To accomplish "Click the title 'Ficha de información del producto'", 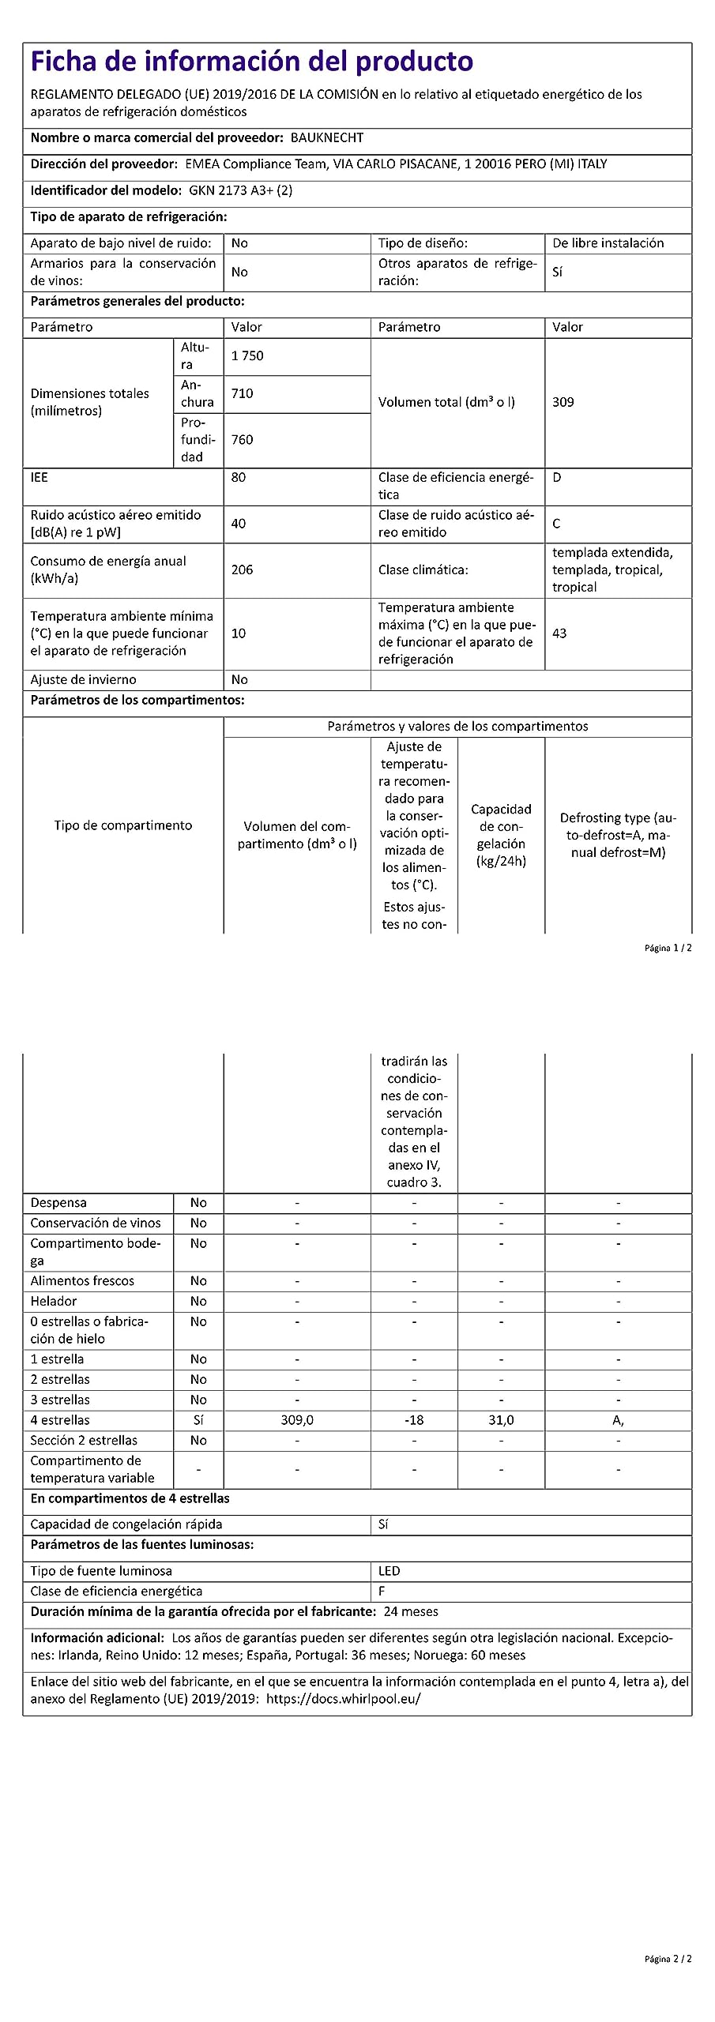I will point(251,62).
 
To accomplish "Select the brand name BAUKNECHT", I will point(327,137).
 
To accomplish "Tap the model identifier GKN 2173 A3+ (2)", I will point(240,190).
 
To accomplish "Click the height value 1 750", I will point(247,355).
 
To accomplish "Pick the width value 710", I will point(242,393).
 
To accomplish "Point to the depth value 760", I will point(242,439).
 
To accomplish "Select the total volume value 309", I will point(563,402).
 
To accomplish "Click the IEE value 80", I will point(238,477).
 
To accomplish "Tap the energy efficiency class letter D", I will point(556,477).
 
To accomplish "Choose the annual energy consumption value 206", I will point(242,569).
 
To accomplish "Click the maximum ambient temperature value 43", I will point(559,633).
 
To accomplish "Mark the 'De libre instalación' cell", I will point(608,243).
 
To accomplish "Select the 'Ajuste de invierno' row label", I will point(83,679).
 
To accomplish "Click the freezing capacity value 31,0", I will point(501,1420).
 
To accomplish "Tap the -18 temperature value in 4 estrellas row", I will point(414,1420).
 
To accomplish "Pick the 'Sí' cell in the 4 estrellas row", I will point(198,1420).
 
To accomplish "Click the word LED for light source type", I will point(389,1571).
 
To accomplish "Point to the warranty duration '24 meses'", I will point(411,1612).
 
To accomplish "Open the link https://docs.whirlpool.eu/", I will point(343,1699).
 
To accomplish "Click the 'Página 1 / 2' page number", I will point(668,948).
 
